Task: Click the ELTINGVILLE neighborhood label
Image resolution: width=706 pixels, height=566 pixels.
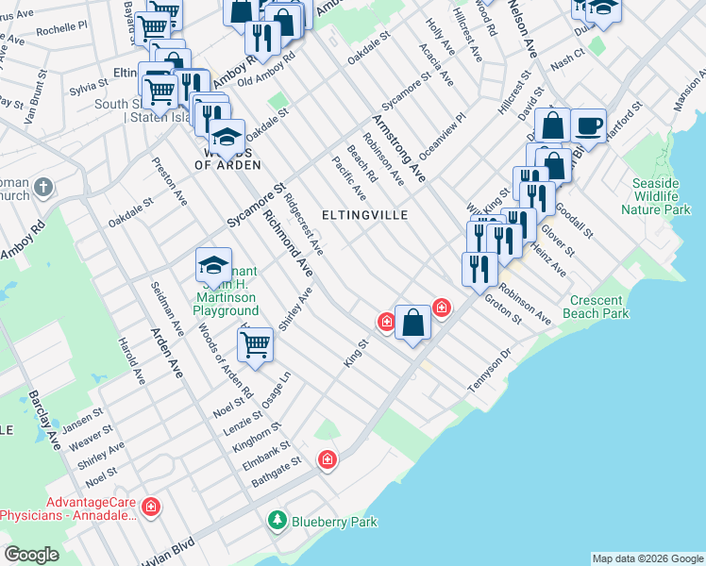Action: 364,215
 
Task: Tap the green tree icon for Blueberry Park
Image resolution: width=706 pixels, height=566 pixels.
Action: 277,520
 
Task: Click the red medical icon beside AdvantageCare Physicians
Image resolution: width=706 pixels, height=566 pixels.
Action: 151,509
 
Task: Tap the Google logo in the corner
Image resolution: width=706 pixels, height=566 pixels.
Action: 32,555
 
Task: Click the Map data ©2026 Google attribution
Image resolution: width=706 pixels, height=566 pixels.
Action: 647,558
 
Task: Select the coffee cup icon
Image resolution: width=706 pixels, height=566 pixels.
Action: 588,125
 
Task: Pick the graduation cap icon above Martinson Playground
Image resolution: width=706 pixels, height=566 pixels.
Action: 214,265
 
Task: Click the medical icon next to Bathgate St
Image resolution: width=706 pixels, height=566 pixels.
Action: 328,459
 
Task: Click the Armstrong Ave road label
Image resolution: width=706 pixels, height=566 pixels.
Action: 399,147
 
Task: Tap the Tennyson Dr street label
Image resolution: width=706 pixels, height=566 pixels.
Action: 489,373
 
